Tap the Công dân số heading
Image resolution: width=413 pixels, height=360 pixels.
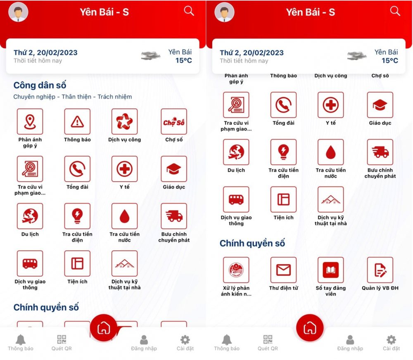click(x=40, y=85)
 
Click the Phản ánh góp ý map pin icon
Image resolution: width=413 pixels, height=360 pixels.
click(x=30, y=122)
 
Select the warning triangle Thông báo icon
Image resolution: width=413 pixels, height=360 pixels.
click(x=77, y=122)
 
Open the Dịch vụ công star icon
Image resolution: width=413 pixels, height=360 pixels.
click(x=125, y=122)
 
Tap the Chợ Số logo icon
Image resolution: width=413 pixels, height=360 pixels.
click(x=174, y=122)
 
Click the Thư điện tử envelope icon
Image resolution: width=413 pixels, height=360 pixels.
click(x=283, y=270)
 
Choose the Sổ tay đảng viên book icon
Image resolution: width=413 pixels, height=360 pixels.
click(x=331, y=270)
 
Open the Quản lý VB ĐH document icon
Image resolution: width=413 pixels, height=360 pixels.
click(x=380, y=270)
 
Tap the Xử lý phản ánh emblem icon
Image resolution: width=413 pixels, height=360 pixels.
click(x=236, y=270)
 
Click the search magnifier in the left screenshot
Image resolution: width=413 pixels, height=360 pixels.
click(x=189, y=11)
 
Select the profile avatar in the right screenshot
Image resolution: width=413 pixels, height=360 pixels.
click(x=224, y=12)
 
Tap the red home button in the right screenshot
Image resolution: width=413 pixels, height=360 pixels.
click(x=310, y=328)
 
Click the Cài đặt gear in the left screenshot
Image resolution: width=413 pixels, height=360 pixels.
click(x=185, y=340)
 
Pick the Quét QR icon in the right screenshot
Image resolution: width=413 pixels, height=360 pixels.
click(x=268, y=339)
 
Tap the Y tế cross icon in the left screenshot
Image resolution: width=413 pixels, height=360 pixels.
click(x=125, y=169)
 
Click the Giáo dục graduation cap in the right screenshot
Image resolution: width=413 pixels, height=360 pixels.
click(x=380, y=105)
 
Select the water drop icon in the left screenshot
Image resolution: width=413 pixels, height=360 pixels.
click(x=125, y=216)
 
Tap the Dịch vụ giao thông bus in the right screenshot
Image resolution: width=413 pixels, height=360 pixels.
click(x=236, y=199)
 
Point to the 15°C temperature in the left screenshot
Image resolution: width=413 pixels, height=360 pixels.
click(x=184, y=61)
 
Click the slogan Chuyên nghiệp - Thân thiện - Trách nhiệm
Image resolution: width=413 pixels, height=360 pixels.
click(x=73, y=97)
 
